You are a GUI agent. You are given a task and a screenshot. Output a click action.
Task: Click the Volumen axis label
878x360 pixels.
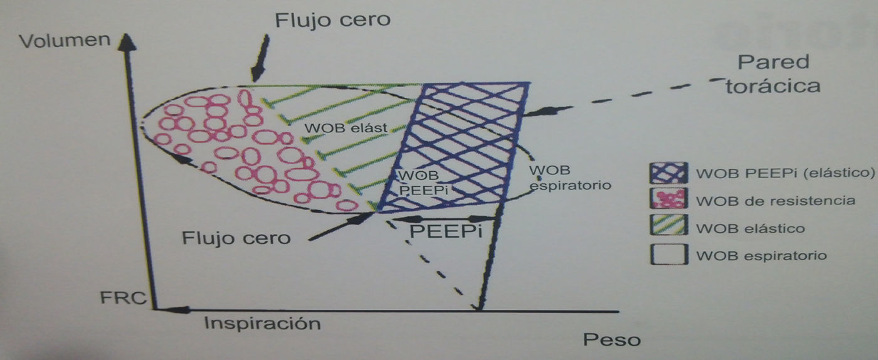(65, 41)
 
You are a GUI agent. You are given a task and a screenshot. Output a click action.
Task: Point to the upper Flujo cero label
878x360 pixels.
(332, 19)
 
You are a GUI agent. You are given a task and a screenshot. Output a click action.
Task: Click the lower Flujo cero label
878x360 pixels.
(236, 238)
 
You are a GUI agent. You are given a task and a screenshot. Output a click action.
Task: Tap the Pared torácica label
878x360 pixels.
(773, 73)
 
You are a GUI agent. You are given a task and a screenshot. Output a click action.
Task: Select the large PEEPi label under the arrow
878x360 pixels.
(445, 231)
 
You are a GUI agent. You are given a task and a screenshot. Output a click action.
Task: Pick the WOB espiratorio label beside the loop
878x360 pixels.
(569, 178)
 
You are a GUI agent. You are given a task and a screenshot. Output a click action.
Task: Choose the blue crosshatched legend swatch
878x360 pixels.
(667, 172)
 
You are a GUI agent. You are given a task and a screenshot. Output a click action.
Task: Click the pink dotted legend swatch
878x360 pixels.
(667, 200)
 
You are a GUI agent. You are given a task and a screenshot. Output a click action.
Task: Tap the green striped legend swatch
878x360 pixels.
(667, 228)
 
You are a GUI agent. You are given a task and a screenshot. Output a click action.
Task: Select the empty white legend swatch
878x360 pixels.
(667, 255)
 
